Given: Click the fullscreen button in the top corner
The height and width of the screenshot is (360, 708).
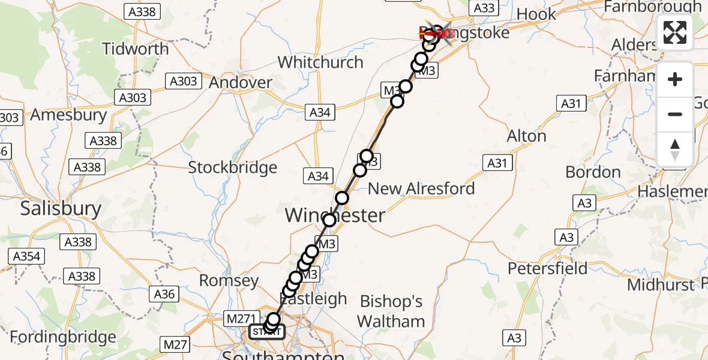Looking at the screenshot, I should tap(675, 32).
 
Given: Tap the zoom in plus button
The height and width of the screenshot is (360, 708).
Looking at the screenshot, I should tap(675, 79).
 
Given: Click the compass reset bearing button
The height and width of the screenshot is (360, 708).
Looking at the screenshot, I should tap(675, 149).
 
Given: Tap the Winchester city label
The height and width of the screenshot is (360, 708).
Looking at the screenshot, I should tap(335, 215).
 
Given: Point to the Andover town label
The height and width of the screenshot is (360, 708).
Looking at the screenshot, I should tap(240, 82).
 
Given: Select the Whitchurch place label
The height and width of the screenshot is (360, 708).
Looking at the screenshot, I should tap(320, 62).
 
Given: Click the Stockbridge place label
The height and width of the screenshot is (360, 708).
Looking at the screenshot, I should tap(233, 167).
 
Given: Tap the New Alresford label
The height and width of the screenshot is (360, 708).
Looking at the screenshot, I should tap(421, 188).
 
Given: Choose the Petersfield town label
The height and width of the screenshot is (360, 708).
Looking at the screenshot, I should tap(548, 268).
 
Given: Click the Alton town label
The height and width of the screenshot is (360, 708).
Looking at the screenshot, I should tap(526, 136).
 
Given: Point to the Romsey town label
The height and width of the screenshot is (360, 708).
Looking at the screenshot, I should tap(228, 280).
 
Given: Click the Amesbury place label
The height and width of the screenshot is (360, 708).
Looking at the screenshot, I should tap(68, 114).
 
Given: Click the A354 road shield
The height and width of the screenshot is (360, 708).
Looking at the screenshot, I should tap(26, 257).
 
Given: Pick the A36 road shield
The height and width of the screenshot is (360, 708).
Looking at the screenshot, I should tap(164, 294).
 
